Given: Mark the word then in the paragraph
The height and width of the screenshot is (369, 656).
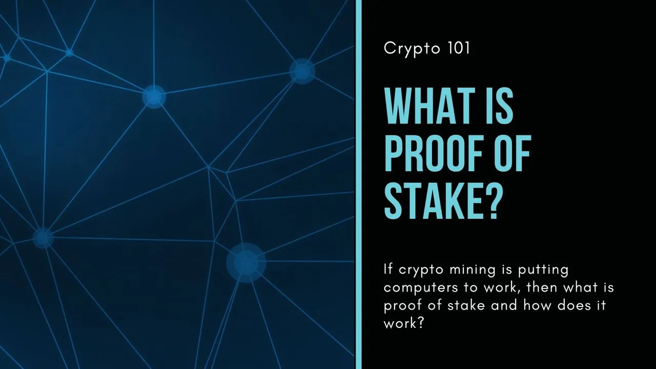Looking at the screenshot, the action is point(542,287).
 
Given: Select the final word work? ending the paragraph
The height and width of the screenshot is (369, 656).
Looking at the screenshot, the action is point(403,323).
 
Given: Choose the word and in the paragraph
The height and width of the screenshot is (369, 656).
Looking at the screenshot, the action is point(504,305).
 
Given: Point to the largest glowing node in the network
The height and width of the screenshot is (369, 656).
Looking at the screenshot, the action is point(246,263).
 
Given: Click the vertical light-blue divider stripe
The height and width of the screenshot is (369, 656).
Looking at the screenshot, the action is point(359,184).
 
